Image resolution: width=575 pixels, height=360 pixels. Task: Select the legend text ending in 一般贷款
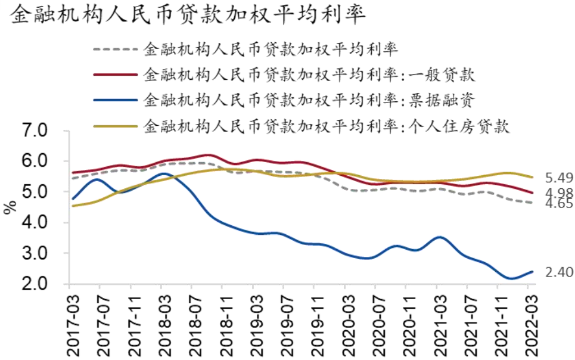point(309,75)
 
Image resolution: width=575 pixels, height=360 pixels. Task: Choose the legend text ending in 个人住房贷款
point(327,126)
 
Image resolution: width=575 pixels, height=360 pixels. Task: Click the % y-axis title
point(10,207)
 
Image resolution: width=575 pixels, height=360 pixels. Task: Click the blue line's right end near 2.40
point(531,272)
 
